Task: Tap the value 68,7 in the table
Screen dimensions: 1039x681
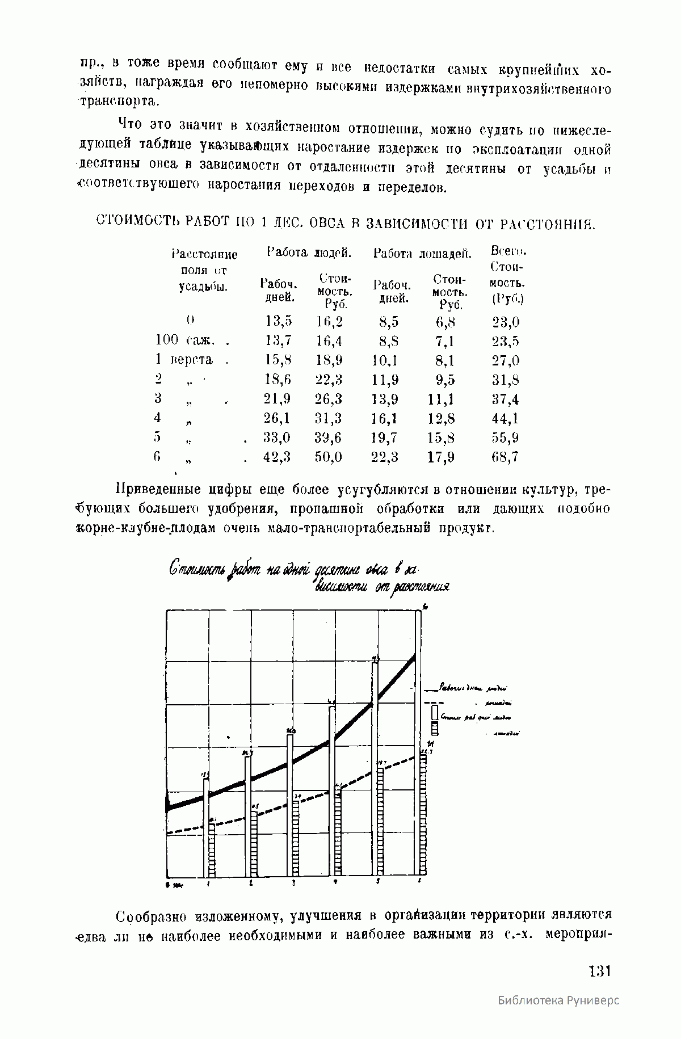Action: coord(505,457)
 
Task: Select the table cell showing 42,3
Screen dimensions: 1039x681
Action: coord(277,457)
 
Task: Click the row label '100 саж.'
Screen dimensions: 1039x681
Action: coord(185,340)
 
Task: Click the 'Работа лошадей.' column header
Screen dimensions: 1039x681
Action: coord(422,254)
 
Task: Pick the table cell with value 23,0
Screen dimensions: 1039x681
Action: coord(506,322)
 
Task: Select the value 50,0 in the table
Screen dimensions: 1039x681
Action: coord(329,457)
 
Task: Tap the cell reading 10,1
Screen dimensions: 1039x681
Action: coord(385,360)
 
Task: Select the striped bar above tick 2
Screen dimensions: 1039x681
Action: coord(254,843)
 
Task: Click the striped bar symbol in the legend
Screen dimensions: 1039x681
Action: coord(435,728)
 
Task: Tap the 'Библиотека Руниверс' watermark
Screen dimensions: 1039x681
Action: coord(558,1016)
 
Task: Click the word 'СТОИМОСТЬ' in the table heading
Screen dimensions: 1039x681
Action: coord(132,221)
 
